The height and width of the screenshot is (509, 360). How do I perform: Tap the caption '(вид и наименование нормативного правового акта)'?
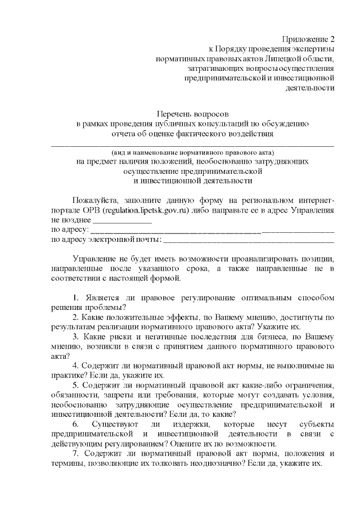tap(192, 152)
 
